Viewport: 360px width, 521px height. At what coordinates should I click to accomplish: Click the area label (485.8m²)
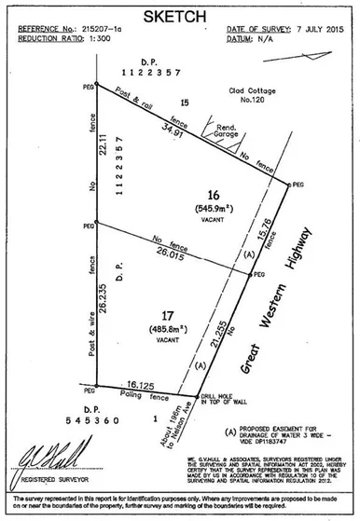point(168,329)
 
